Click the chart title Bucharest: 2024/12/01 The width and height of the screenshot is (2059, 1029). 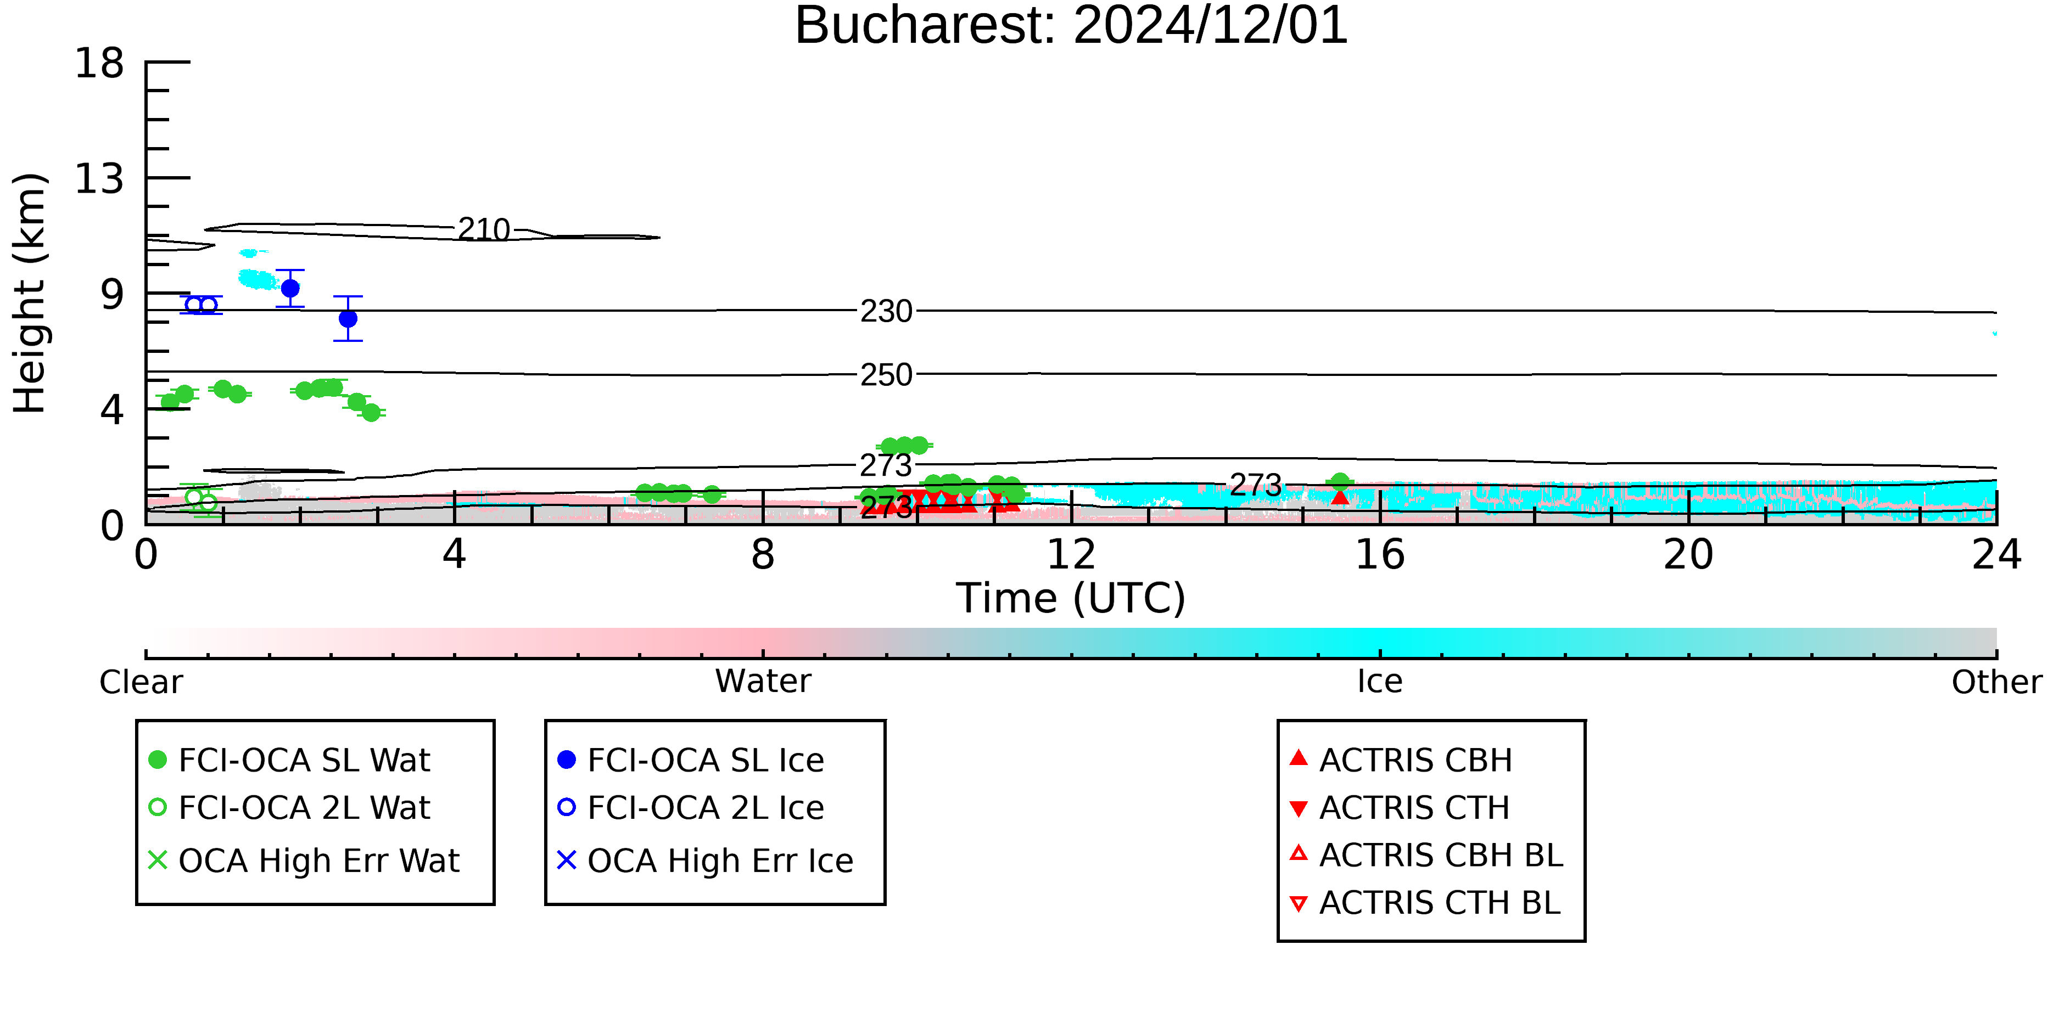click(x=1071, y=26)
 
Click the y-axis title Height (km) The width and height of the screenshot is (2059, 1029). click(x=30, y=293)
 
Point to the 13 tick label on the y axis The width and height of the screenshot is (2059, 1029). click(x=99, y=178)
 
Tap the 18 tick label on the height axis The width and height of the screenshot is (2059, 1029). click(x=99, y=63)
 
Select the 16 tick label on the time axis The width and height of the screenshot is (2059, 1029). click(x=1380, y=554)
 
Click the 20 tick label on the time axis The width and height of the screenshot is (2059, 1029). click(x=1688, y=554)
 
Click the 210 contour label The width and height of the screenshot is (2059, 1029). click(x=484, y=230)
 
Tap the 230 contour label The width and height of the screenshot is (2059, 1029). click(x=886, y=312)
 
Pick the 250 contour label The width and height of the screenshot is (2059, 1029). click(x=886, y=375)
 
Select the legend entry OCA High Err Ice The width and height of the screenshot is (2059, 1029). click(x=706, y=861)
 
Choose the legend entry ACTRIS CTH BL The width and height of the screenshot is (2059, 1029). click(x=1425, y=903)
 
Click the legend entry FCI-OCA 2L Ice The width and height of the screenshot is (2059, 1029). click(x=691, y=808)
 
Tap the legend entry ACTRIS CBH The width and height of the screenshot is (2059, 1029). click(x=1401, y=760)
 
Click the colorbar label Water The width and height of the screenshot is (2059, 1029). click(x=763, y=682)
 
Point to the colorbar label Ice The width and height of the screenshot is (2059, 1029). click(x=1380, y=682)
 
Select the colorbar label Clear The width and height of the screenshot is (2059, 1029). click(x=141, y=682)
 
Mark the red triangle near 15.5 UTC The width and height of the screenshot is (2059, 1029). click(x=1340, y=497)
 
